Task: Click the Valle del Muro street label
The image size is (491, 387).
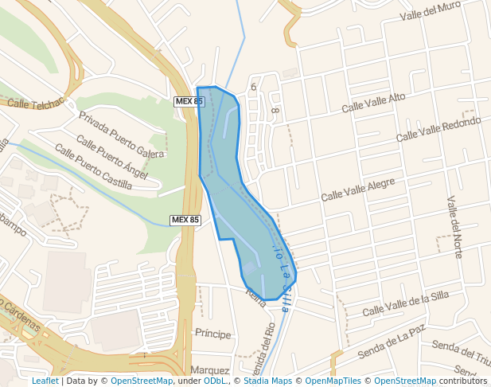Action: pyautogui.click(x=431, y=12)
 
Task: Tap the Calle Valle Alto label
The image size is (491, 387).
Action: pyautogui.click(x=373, y=103)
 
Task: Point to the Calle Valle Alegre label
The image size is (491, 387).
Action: pyautogui.click(x=357, y=190)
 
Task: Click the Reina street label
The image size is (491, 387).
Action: pyautogui.click(x=256, y=297)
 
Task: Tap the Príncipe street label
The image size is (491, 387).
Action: pyautogui.click(x=212, y=334)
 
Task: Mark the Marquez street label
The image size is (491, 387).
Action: pyautogui.click(x=210, y=370)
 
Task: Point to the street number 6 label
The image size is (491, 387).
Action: pyautogui.click(x=253, y=87)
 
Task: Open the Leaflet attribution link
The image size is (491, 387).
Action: pyautogui.click(x=45, y=381)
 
